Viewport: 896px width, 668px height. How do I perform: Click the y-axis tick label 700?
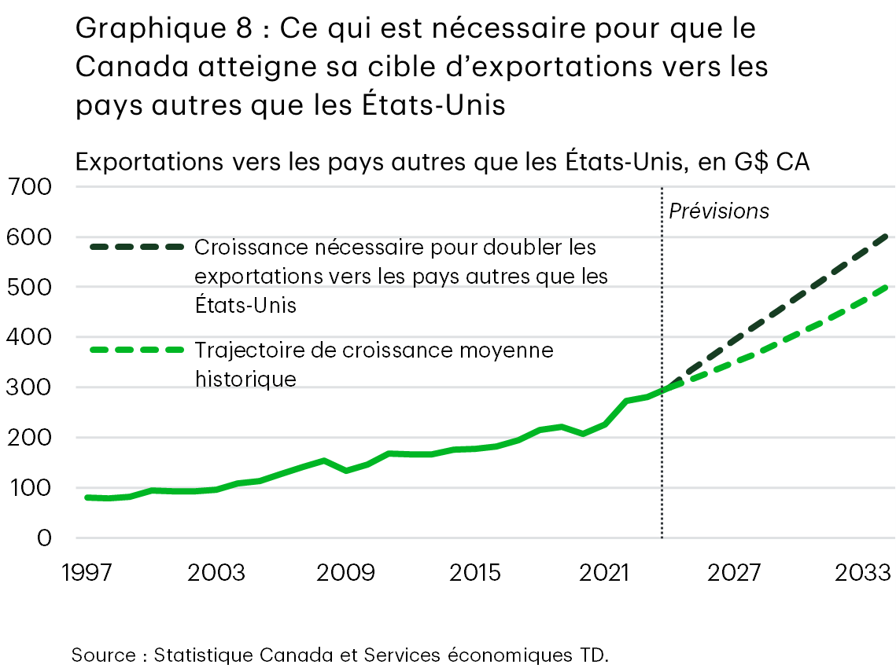(x=29, y=188)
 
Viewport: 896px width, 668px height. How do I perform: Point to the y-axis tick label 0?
(x=43, y=538)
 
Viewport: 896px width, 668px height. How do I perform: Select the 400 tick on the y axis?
(x=29, y=338)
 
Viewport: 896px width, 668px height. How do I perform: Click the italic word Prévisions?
(x=718, y=211)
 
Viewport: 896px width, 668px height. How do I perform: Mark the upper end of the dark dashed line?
(x=888, y=235)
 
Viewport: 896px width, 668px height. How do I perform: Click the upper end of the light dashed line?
(x=888, y=288)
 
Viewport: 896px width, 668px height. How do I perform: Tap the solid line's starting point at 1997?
(x=87, y=497)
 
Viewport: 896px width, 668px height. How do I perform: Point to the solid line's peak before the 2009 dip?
(x=324, y=461)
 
